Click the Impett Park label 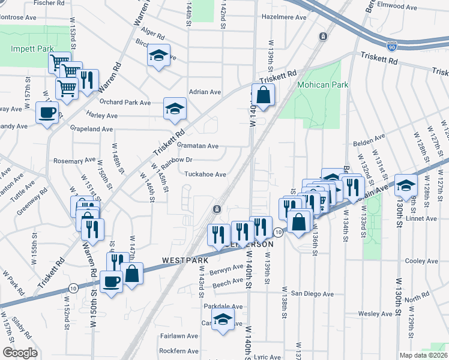(x=32, y=49)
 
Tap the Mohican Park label (x=323, y=85)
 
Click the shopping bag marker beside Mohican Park (x=263, y=95)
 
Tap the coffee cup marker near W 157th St (x=47, y=112)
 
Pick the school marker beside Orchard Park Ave (x=175, y=109)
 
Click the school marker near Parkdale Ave (x=223, y=320)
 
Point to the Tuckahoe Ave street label (x=205, y=175)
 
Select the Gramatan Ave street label (x=197, y=146)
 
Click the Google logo (x=20, y=353)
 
